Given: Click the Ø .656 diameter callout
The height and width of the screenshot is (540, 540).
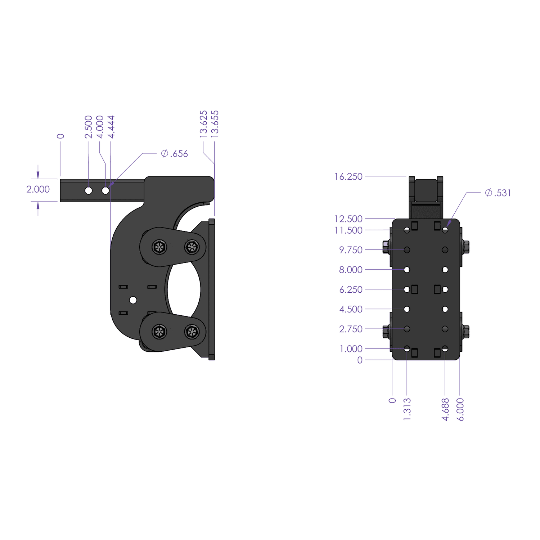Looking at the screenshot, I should click(175, 154).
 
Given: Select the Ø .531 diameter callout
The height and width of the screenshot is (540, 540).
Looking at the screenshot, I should click(498, 193).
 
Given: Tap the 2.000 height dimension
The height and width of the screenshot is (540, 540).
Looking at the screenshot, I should click(38, 189).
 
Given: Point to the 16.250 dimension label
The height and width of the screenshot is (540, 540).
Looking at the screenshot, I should click(348, 177).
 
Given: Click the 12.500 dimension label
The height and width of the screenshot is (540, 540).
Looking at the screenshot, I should click(348, 219).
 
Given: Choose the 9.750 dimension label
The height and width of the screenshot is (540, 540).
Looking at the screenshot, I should click(351, 250).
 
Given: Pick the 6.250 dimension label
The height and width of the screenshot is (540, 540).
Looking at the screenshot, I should click(351, 289).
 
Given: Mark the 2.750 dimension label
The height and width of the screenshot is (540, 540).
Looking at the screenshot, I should click(351, 329).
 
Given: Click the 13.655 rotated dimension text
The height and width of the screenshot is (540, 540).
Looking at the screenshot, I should click(215, 124).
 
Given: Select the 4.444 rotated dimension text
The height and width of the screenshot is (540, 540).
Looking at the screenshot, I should click(111, 127).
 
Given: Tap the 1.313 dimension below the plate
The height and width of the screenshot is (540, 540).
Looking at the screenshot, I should click(407, 409).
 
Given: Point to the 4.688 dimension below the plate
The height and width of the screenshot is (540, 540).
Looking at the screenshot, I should click(445, 409).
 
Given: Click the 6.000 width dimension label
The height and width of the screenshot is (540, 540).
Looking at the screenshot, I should click(460, 409).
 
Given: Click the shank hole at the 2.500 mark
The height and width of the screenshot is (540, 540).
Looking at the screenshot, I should click(89, 190).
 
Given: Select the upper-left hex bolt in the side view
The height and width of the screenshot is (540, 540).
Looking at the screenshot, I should click(159, 247).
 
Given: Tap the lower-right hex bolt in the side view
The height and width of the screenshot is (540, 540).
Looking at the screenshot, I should click(192, 332).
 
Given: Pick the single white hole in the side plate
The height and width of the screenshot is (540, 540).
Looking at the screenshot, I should click(133, 300).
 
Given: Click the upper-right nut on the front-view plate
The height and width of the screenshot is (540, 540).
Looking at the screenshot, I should click(465, 247).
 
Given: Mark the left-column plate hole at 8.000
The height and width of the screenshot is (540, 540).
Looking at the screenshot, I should click(407, 270).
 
